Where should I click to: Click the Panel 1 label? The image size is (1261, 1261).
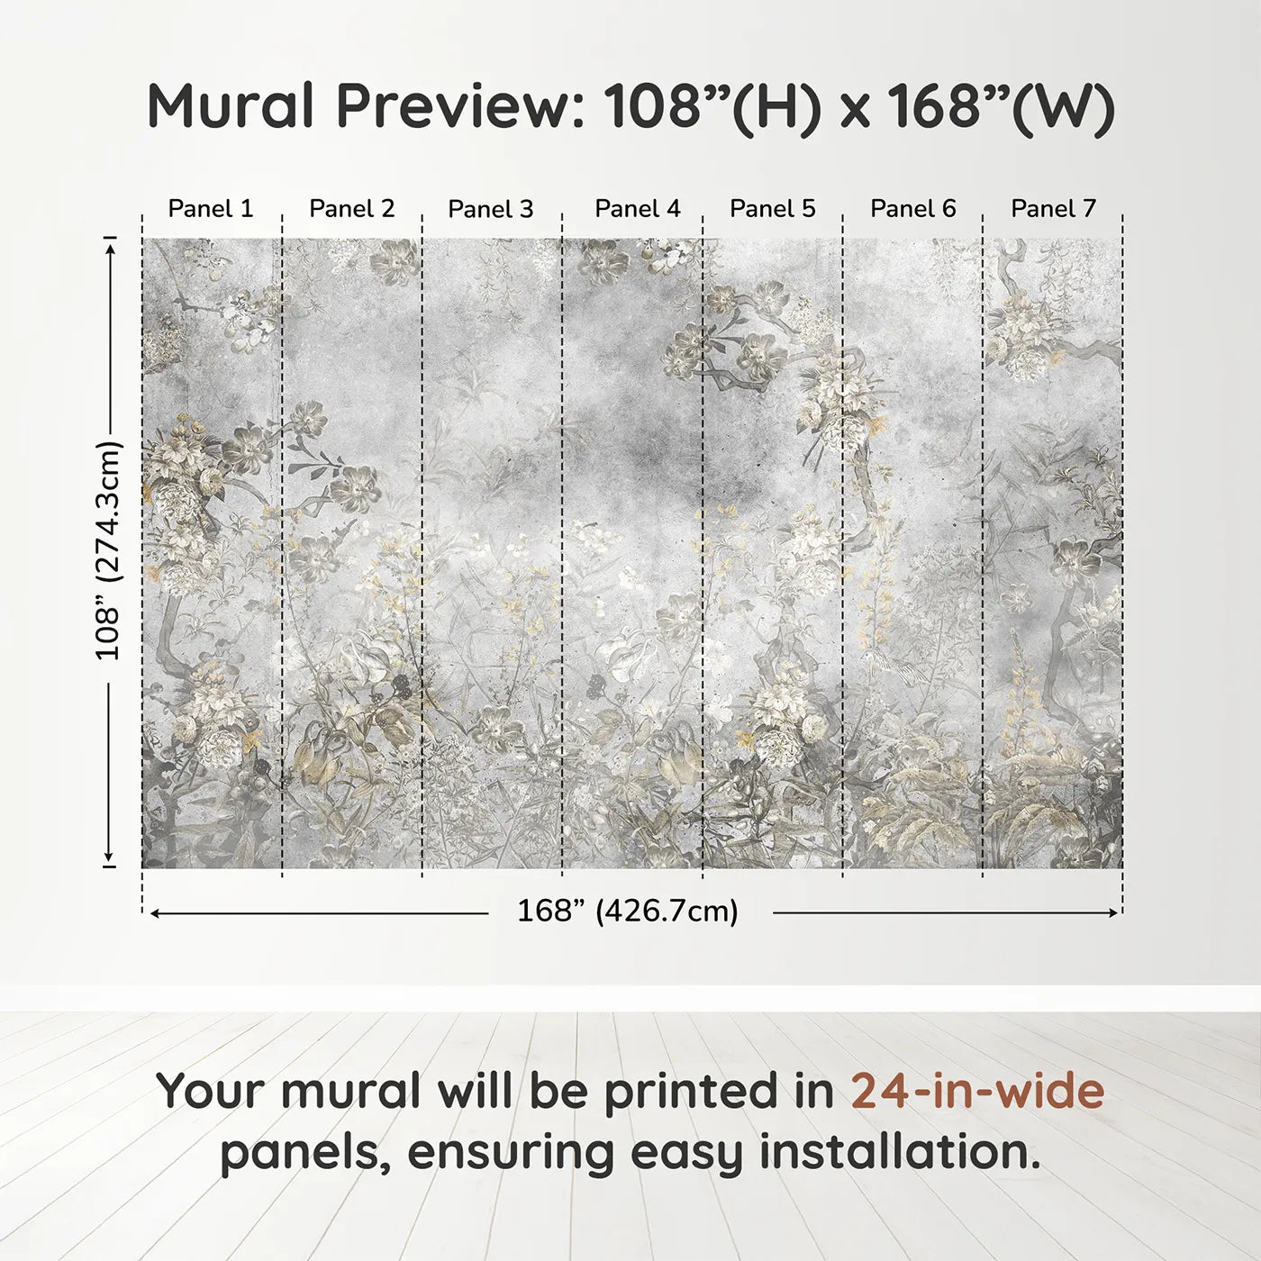211,209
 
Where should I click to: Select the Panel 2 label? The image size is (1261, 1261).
352,209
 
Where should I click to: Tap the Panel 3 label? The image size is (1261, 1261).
491,210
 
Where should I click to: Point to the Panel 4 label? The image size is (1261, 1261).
638,209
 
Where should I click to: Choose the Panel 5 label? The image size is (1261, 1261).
773,209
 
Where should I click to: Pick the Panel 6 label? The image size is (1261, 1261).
913,209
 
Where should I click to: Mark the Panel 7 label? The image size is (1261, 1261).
1054,209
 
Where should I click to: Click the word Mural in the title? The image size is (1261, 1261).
231,106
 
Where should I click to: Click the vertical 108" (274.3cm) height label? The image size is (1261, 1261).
108,550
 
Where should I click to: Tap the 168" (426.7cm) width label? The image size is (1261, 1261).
628,912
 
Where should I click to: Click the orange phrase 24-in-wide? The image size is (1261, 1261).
977,1092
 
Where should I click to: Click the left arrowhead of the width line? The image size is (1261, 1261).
155,913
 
